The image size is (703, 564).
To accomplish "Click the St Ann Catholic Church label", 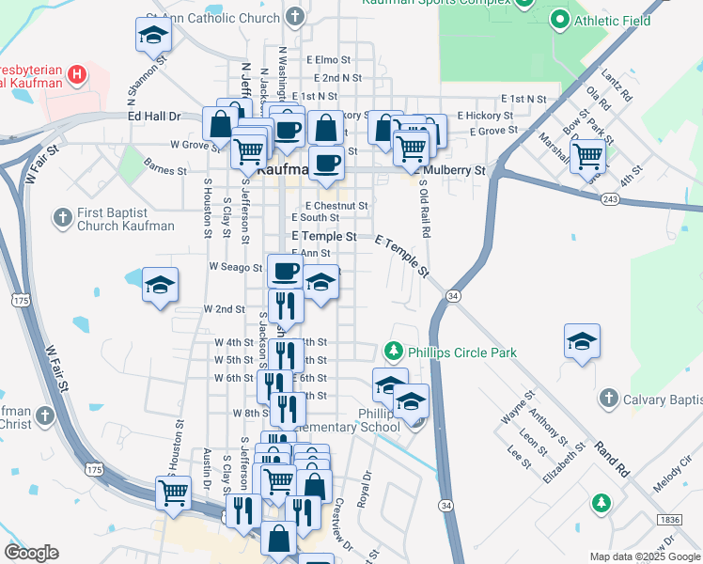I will tap(214, 18).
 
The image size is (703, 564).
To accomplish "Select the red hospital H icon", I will tap(79, 72).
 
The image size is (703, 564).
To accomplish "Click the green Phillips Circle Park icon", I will tap(394, 352).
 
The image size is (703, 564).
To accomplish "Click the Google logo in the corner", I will tap(31, 553).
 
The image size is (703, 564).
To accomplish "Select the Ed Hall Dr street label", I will tap(154, 116).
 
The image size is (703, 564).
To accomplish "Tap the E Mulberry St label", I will tap(454, 171).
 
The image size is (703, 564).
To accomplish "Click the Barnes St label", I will tap(166, 170).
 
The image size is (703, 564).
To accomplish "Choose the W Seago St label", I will tap(235, 268).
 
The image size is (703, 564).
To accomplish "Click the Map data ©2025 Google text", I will tap(645, 556).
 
